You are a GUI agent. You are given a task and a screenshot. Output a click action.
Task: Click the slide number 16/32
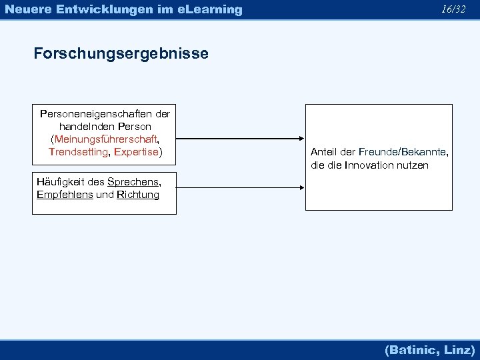(453, 9)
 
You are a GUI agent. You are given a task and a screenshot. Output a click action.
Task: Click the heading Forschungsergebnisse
(121, 53)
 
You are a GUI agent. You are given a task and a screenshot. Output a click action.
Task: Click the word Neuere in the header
(26, 9)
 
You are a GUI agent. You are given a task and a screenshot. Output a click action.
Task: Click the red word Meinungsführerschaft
(106, 139)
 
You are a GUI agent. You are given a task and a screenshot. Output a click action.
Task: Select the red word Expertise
(136, 152)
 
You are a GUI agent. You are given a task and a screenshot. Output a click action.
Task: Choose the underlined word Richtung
(137, 195)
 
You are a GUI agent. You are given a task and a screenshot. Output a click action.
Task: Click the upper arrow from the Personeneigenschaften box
(241, 139)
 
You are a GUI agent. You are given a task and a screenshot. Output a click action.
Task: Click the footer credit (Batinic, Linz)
(429, 349)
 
